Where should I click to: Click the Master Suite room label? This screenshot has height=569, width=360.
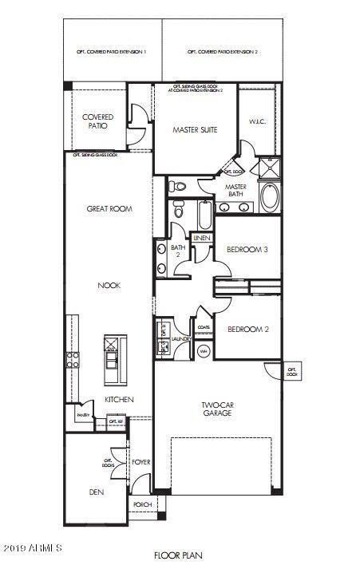click(x=196, y=129)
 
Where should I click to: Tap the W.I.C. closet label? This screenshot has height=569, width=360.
click(x=256, y=122)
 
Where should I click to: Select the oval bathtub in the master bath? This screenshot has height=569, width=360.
click(x=270, y=197)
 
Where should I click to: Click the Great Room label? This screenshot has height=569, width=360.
click(x=109, y=209)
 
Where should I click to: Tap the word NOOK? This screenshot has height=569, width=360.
click(x=109, y=285)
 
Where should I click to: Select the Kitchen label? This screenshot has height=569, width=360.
click(x=119, y=399)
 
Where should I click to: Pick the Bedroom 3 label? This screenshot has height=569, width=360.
click(x=247, y=250)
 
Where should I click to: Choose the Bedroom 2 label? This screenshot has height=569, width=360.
click(x=247, y=329)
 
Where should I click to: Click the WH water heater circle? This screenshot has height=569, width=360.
click(x=203, y=351)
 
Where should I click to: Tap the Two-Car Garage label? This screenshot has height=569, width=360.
click(x=216, y=409)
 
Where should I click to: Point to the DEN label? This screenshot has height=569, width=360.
click(x=96, y=492)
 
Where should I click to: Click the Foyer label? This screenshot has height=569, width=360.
click(x=141, y=462)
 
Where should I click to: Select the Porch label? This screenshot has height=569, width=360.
click(x=142, y=504)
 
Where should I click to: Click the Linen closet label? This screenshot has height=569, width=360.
click(x=201, y=238)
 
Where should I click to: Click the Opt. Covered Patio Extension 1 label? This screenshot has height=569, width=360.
click(x=113, y=52)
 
